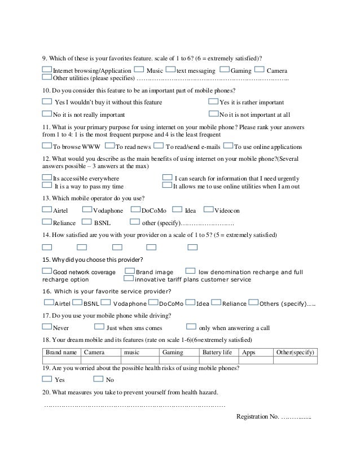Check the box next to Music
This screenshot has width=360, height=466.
[x=138, y=70]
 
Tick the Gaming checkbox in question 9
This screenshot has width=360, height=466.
[x=224, y=70]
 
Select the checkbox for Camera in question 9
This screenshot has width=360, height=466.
[x=260, y=70]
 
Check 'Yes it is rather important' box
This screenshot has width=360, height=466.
[x=213, y=102]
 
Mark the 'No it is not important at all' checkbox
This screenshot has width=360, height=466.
[x=213, y=113]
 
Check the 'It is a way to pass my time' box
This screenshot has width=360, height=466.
[x=47, y=185]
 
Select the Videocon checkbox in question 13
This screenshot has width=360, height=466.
[x=209, y=209]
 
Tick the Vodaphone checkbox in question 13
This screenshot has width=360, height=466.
[x=87, y=209]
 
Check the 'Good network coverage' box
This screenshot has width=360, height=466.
[x=47, y=271]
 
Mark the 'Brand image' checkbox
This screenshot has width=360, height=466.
[x=130, y=271]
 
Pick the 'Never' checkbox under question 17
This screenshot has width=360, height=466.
[x=47, y=327]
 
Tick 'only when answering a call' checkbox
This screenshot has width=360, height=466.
[x=191, y=327]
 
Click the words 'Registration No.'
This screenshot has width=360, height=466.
[x=257, y=416]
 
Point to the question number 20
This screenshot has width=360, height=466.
[x=46, y=392]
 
